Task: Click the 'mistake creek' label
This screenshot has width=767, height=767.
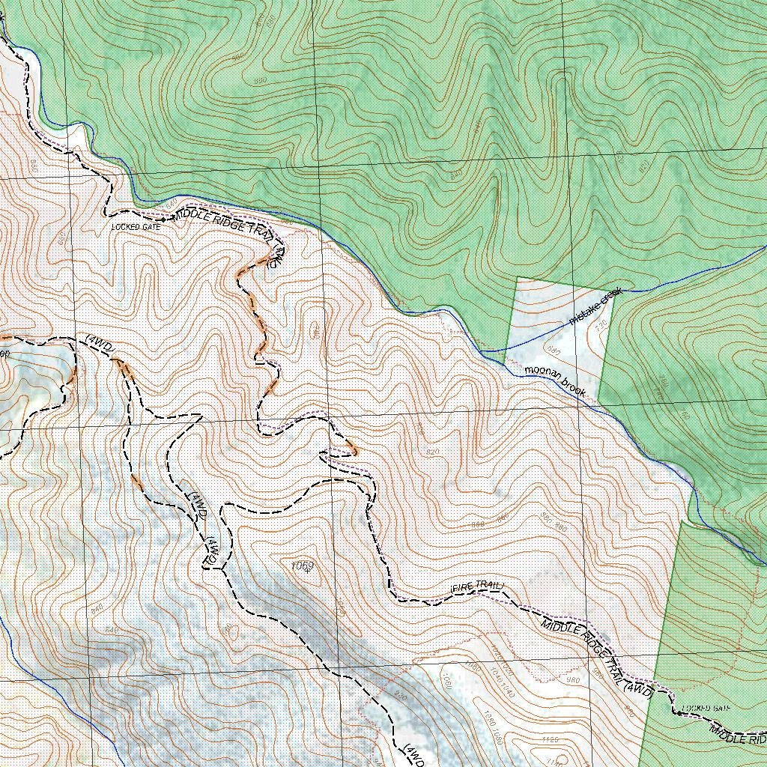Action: point(595,306)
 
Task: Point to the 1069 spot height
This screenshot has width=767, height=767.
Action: point(302,565)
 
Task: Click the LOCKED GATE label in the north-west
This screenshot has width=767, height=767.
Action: point(136,226)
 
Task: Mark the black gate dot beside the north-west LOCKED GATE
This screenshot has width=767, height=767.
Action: point(164,220)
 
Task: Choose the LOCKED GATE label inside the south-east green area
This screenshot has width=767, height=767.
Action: point(705,708)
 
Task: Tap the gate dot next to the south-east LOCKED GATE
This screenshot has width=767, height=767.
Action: point(677,713)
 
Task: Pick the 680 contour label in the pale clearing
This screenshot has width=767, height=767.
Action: point(554,350)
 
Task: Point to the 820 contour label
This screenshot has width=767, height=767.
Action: point(432,452)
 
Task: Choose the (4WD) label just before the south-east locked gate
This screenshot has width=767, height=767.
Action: point(638,692)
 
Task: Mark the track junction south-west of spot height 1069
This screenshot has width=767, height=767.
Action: point(222,569)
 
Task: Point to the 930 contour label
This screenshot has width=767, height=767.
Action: point(400,697)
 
